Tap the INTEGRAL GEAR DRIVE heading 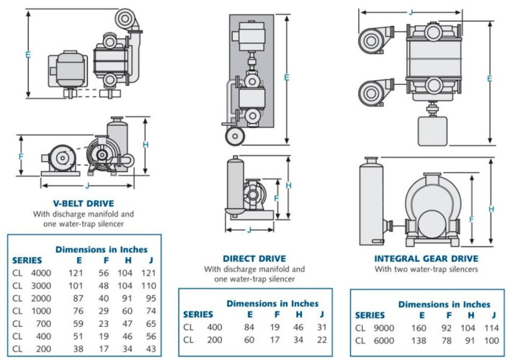point(427,258)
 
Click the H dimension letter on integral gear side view point(492,209)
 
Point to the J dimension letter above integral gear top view point(410,12)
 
